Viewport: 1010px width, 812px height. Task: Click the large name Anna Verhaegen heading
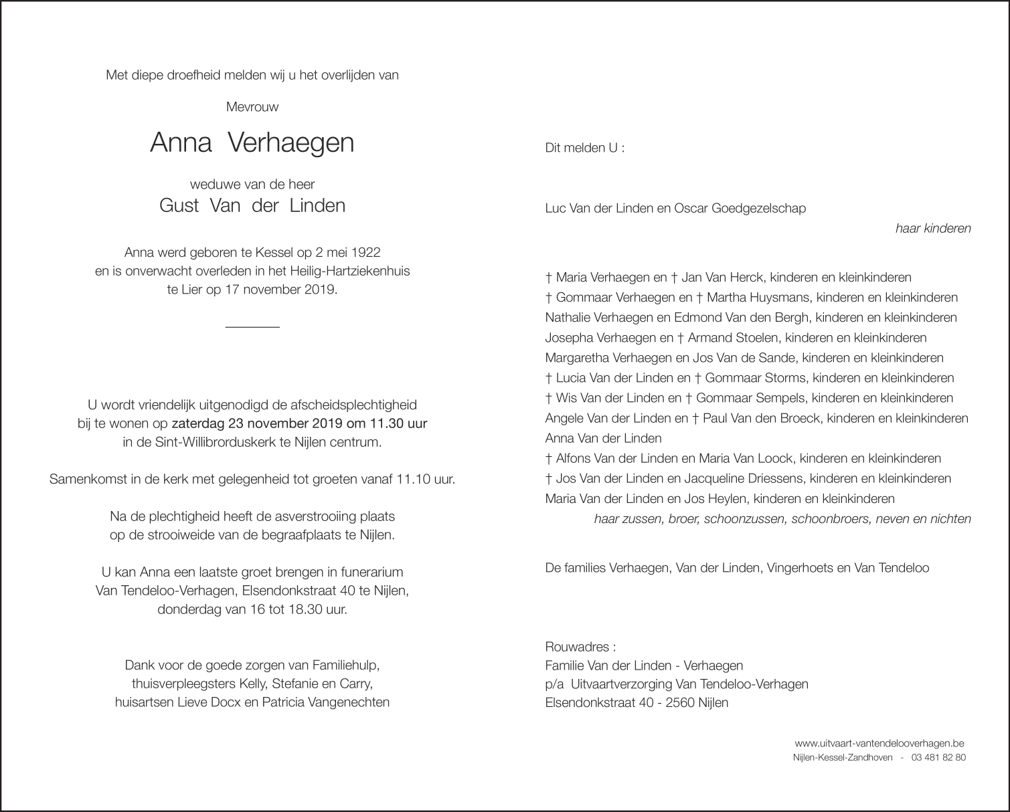coord(252,142)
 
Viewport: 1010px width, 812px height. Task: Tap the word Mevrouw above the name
coord(252,106)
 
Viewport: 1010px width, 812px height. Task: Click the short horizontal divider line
coord(252,326)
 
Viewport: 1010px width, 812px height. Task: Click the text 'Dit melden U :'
coord(585,148)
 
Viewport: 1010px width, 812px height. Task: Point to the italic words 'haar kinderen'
coord(933,228)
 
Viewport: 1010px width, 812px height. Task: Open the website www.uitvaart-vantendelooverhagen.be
coord(879,743)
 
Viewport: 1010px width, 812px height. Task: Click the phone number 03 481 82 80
coord(939,758)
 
